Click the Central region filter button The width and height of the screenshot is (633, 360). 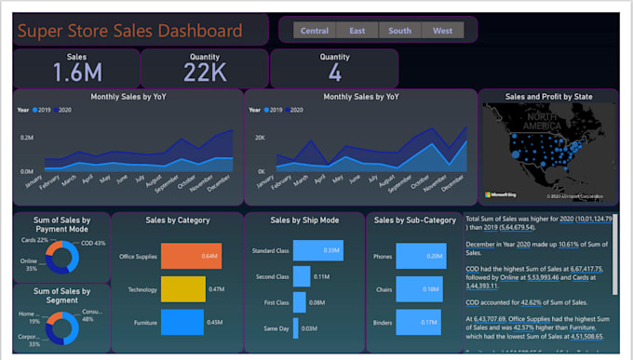[x=315, y=31]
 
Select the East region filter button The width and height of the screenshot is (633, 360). [x=357, y=31]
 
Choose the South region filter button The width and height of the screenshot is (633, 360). [x=400, y=31]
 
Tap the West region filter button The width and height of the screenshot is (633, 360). [x=443, y=31]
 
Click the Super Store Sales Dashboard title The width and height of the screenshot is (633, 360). [x=130, y=31]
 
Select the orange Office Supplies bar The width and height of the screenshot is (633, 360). [x=191, y=257]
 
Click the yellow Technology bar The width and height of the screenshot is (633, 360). [x=182, y=289]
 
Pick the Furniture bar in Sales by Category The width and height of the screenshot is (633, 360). [x=181, y=323]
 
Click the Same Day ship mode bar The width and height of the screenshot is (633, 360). [x=295, y=328]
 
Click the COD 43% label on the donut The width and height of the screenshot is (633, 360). [x=93, y=243]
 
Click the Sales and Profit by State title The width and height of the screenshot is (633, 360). [x=547, y=96]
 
